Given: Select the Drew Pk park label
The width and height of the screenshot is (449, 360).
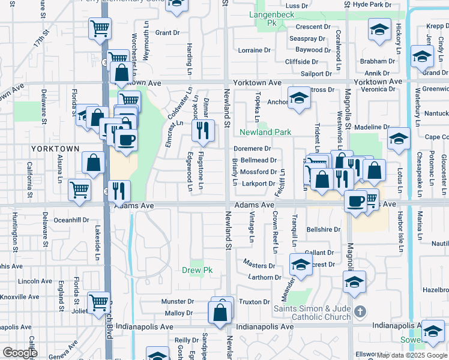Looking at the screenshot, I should click(x=197, y=270).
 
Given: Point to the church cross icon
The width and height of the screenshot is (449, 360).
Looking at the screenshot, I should click(x=360, y=311).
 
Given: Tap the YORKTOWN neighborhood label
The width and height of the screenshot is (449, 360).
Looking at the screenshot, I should click(x=59, y=148).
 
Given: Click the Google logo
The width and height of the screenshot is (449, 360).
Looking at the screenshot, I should click(x=20, y=353).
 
